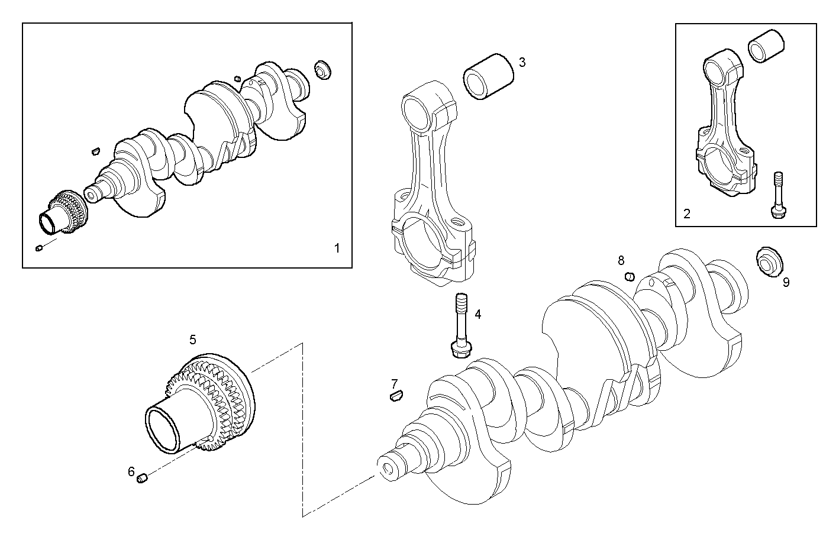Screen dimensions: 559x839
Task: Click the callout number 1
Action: coord(337,248)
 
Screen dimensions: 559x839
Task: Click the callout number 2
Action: coord(686,214)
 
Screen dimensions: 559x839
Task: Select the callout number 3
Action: coord(521,62)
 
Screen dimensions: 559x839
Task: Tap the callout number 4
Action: coord(477,314)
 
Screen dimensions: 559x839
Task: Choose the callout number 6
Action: coord(131,471)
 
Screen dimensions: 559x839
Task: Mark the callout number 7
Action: coord(394,383)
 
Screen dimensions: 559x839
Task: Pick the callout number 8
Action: coord(621,260)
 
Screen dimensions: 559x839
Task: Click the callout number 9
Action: coord(786,282)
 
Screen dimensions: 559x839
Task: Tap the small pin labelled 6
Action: coord(142,478)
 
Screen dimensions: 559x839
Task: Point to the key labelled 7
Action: coord(396,396)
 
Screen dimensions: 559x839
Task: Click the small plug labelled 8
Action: coord(630,276)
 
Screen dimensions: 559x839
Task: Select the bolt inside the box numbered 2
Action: coord(778,195)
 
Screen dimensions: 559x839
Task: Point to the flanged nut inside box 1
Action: coord(323,69)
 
